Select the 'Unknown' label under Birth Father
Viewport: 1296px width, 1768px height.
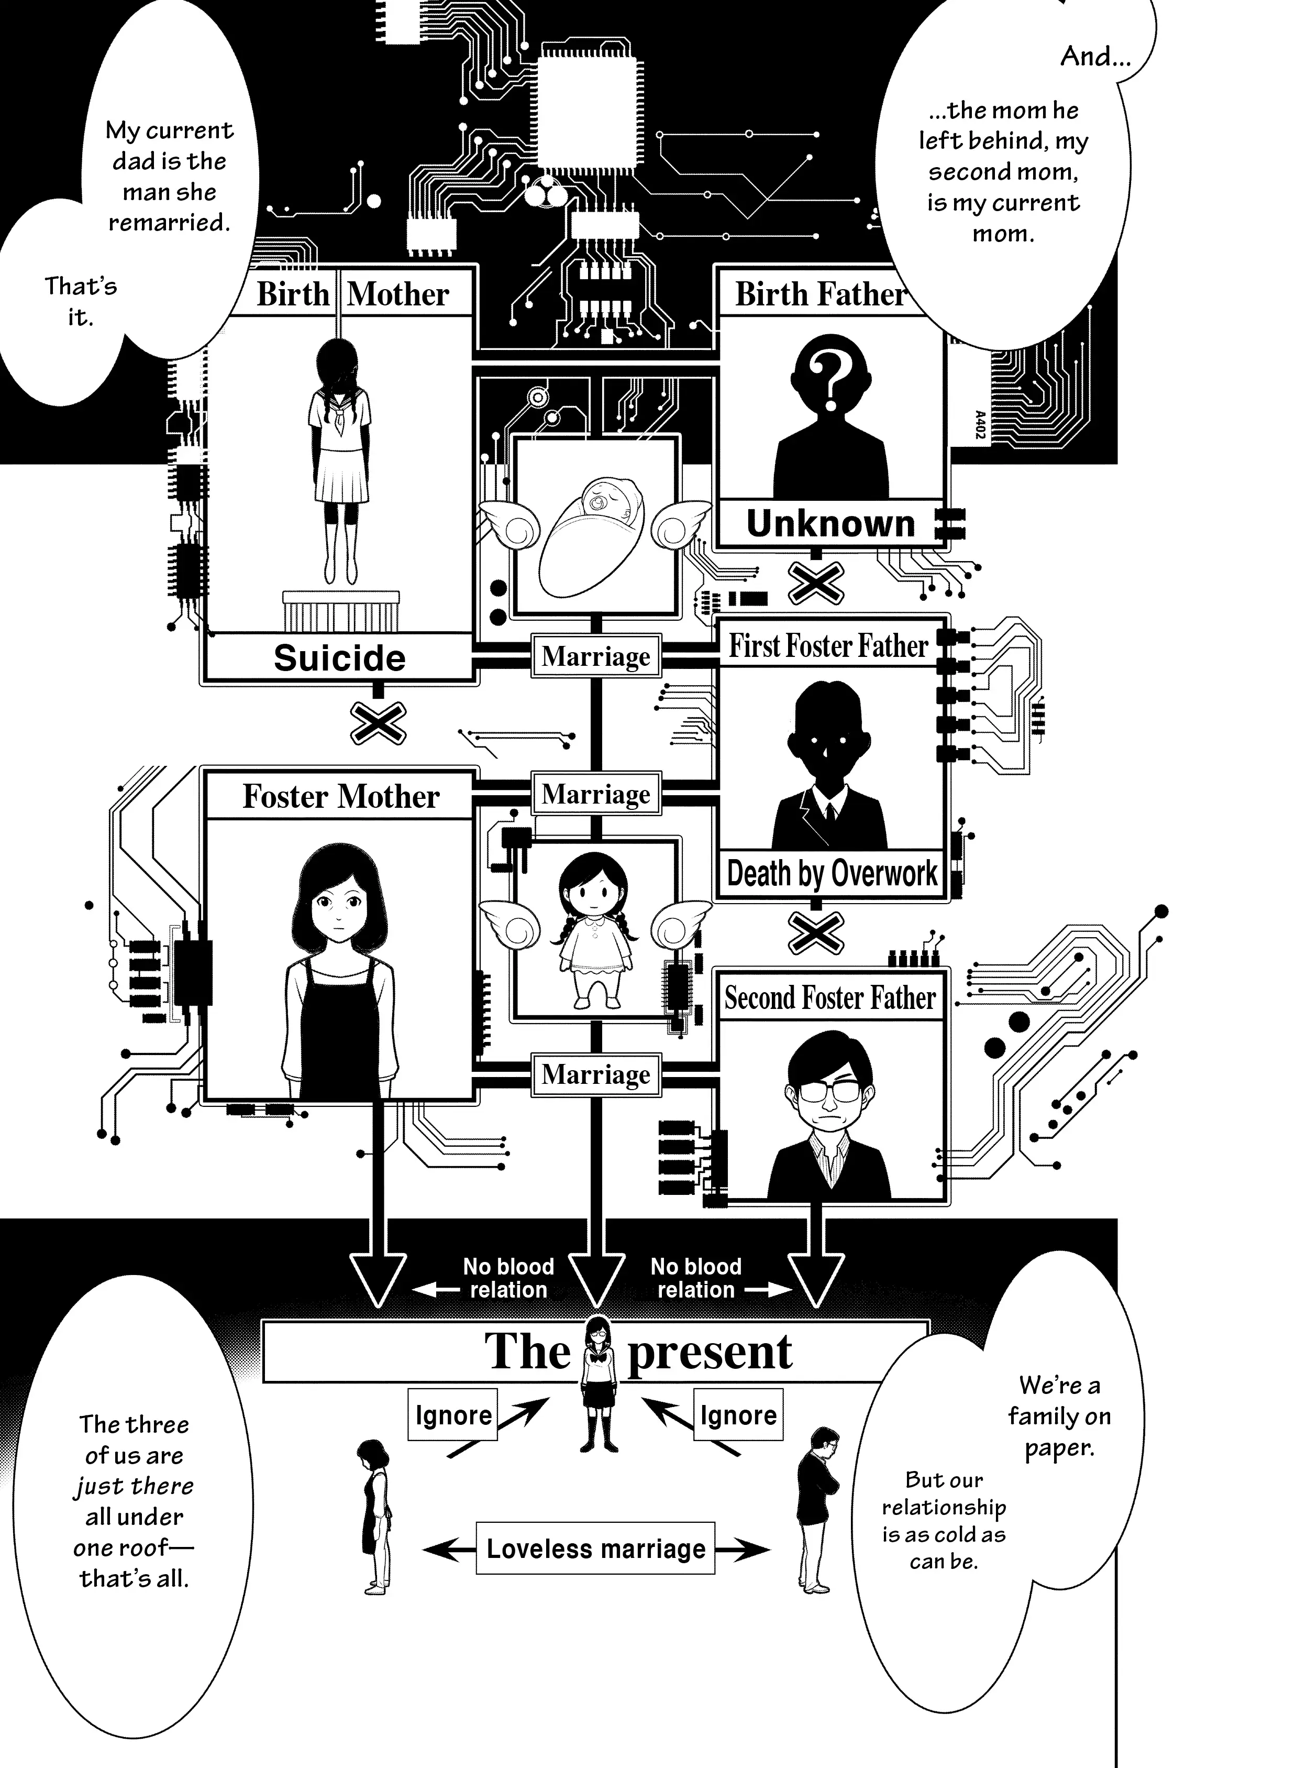coord(830,523)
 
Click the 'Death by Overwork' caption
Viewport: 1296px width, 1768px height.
coord(832,873)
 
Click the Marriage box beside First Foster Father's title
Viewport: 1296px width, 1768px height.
coord(595,656)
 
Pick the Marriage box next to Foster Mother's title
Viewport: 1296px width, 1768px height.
coord(595,794)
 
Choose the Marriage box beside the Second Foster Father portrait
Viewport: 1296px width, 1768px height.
coord(595,1073)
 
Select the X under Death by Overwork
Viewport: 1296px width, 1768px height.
coord(816,933)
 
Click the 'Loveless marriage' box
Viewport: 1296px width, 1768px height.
coord(595,1549)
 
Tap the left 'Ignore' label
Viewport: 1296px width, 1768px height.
coord(452,1415)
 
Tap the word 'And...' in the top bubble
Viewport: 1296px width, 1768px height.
coord(1095,57)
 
